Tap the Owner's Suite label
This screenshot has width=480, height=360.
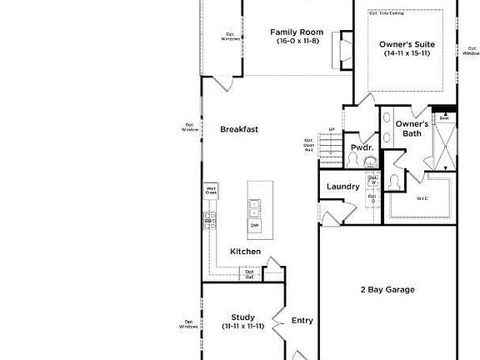407,44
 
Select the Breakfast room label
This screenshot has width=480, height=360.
239,129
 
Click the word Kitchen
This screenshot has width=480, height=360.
246,252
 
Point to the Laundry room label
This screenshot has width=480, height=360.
342,187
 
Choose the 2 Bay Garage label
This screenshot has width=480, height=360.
387,290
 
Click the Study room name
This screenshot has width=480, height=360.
242,317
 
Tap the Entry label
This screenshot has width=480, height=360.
302,320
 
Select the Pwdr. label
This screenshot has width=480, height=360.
361,147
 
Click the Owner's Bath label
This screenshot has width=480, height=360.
412,128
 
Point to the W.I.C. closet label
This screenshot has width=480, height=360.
422,198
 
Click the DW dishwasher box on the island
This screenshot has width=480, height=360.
254,225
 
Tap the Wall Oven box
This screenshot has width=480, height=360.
212,190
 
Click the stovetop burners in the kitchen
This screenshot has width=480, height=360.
210,220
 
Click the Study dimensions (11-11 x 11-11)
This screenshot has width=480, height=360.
242,327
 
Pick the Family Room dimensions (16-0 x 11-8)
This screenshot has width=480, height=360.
296,42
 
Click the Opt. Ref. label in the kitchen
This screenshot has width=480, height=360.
249,273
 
